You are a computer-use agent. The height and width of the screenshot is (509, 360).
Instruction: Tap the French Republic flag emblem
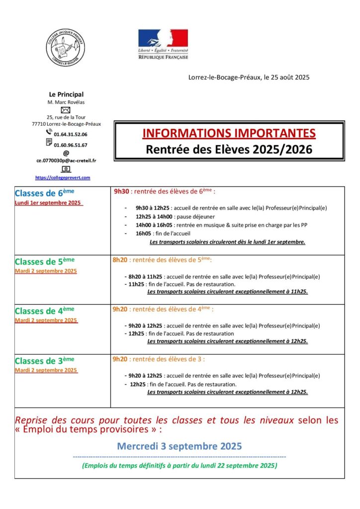coord(163,38)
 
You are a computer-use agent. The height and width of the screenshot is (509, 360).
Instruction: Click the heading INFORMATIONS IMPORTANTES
coord(229,133)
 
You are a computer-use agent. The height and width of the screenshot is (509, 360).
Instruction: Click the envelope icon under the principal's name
coord(66,110)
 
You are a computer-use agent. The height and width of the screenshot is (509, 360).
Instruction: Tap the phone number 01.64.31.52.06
coord(70,134)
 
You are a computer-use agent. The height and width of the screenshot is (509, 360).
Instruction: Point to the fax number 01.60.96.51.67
coord(70,145)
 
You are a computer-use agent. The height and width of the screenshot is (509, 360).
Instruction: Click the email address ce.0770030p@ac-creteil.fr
coord(66,161)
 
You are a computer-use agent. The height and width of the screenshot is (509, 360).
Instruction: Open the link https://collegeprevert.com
coord(63,177)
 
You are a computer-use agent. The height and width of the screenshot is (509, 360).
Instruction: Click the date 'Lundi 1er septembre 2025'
coord(49,203)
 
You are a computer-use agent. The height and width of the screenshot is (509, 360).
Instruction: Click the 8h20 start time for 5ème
coord(120,259)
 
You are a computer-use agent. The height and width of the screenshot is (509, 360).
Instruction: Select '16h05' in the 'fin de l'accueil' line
coord(143,233)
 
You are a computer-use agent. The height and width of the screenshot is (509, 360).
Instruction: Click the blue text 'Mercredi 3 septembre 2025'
coord(180,446)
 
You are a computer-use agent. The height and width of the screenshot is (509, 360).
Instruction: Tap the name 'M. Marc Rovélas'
coord(66,102)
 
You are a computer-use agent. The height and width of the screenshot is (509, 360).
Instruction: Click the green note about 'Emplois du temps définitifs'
coord(180,466)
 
